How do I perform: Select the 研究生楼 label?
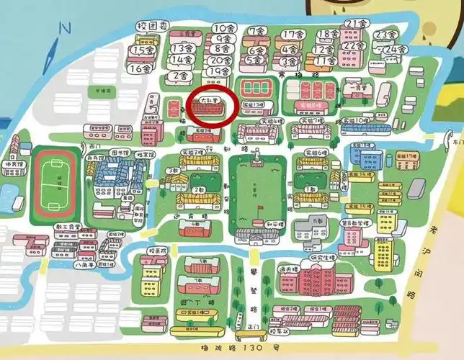click(322, 257)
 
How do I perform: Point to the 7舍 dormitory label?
click(257, 31)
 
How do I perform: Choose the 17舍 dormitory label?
click(293, 35)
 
